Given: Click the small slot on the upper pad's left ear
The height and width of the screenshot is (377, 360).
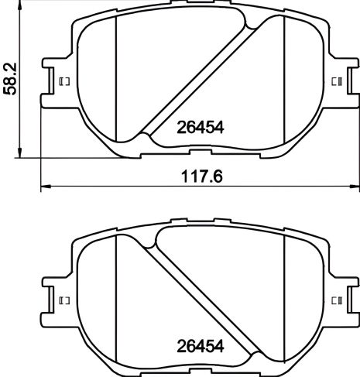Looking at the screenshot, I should (x=64, y=81).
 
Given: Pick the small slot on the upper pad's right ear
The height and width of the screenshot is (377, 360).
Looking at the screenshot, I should (x=336, y=81).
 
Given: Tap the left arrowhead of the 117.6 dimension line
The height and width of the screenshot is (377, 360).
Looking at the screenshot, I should (x=44, y=187).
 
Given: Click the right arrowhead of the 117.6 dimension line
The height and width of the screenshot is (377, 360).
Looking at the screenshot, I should (x=355, y=187).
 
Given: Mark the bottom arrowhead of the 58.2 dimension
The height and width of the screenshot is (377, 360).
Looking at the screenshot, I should (x=21, y=154).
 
